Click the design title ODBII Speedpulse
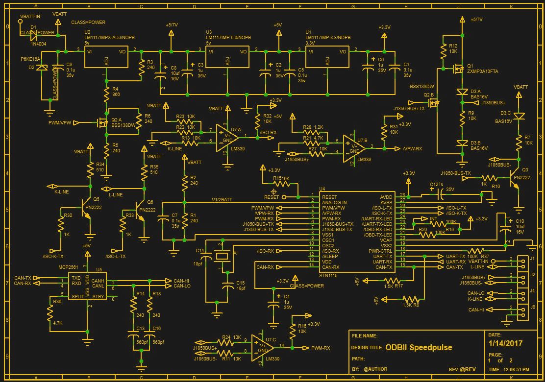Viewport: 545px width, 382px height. [419, 348]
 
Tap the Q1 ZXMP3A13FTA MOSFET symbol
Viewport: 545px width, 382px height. [459, 69]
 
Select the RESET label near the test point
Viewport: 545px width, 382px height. [271, 197]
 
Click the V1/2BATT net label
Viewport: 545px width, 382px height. [222, 199]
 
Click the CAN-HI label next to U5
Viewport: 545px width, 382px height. [181, 281]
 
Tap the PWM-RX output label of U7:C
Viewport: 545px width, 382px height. [321, 348]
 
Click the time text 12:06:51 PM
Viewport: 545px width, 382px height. [515, 369]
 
